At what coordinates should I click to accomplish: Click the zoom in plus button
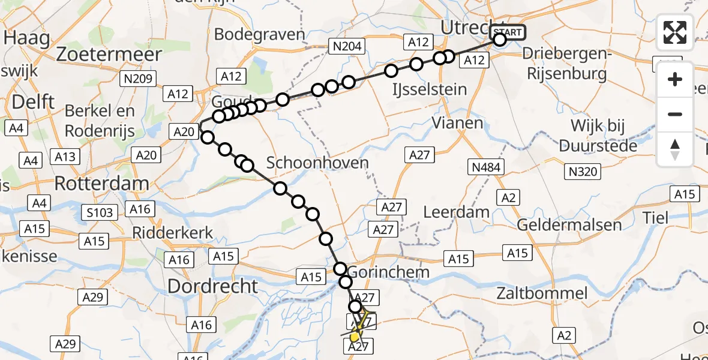point(675,79)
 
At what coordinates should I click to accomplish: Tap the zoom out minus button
point(675,114)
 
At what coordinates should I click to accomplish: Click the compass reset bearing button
point(675,149)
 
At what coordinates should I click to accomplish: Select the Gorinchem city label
point(388,272)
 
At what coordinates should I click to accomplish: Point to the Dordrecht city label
point(212,286)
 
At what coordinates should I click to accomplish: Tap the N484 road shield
point(486,167)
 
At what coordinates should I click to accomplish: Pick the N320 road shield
point(581,172)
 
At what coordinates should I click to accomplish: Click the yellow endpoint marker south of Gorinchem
point(355,337)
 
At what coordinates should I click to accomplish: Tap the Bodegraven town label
point(259,34)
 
